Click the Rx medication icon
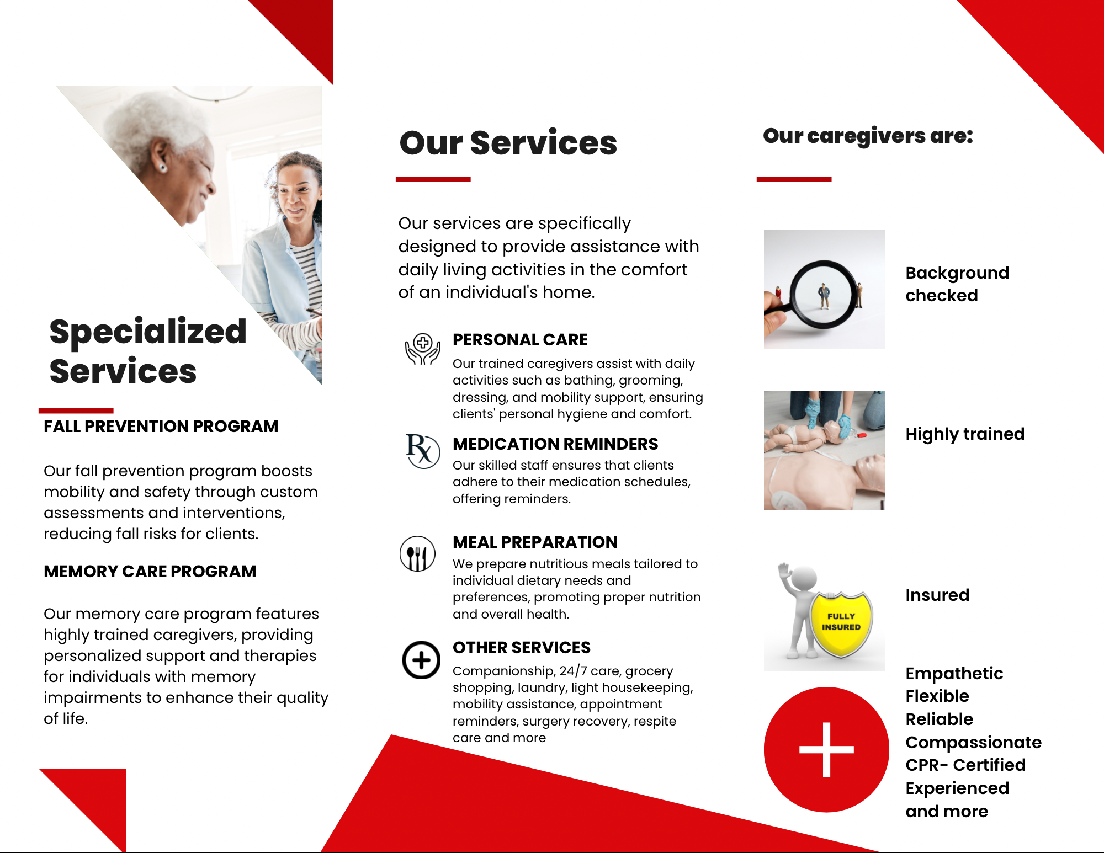tap(423, 451)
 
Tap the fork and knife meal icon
tap(417, 553)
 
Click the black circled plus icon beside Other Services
tap(421, 660)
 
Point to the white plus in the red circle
tap(826, 749)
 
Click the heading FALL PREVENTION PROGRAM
tap(161, 426)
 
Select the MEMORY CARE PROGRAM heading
tap(150, 572)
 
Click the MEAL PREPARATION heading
tap(535, 542)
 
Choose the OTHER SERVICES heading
tap(522, 648)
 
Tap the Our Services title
tap(508, 143)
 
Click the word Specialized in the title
tap(148, 332)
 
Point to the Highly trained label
tap(965, 434)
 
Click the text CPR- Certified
tap(965, 765)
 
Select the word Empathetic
tap(954, 674)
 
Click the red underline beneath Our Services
tap(433, 179)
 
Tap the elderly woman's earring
tap(163, 167)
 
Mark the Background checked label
tap(957, 284)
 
